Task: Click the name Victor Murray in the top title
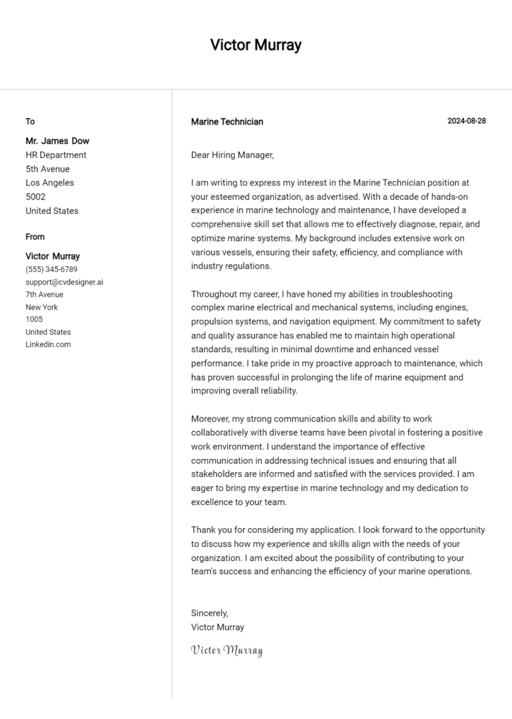pos(255,45)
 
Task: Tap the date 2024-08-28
pos(466,121)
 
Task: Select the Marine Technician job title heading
pos(227,121)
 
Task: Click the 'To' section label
pos(30,121)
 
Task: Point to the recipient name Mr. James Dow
pos(57,141)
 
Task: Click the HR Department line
pos(56,155)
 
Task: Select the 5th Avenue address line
pos(47,169)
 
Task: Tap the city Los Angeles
pos(50,183)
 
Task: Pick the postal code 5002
pos(35,197)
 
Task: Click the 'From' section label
pos(35,237)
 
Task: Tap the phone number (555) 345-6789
pos(51,269)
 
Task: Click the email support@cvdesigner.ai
pos(64,282)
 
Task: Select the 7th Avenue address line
pos(45,294)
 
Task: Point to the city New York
pos(42,307)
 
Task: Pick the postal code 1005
pos(34,319)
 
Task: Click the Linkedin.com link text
pos(48,344)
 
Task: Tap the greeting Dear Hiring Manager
pos(232,155)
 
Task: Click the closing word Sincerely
pos(209,613)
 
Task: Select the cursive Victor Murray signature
pos(227,650)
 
